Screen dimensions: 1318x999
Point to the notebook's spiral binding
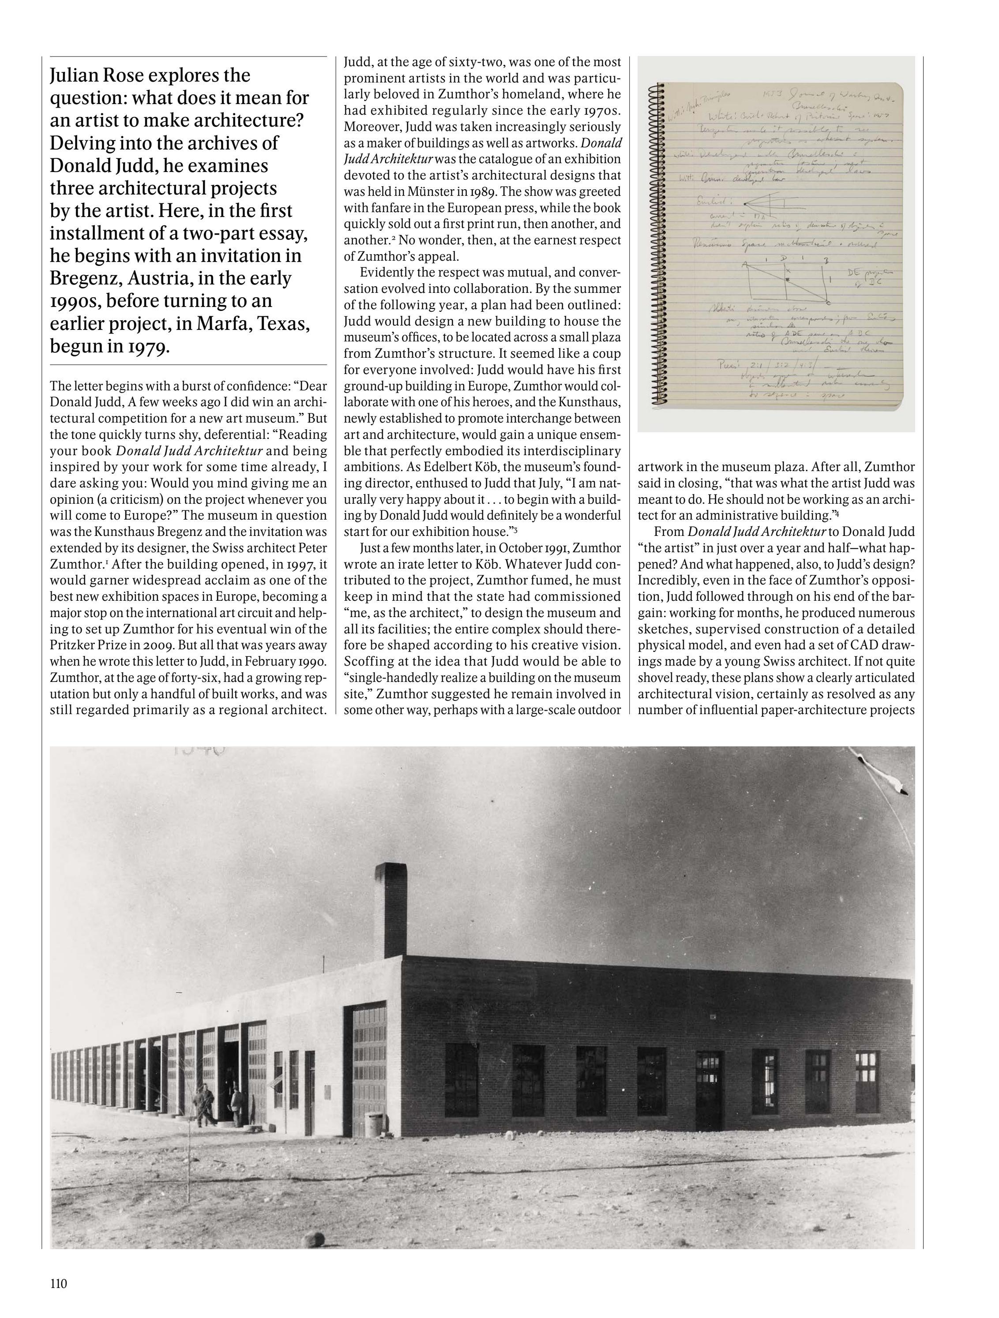click(659, 244)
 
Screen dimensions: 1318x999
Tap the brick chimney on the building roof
click(391, 911)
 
